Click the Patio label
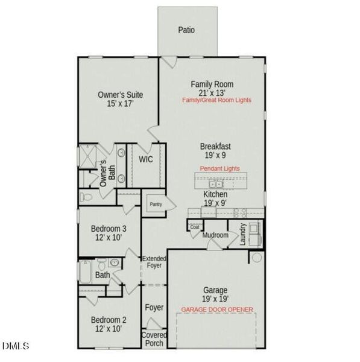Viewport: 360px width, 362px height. (x=186, y=30)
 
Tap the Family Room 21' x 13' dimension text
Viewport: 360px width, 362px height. (x=212, y=93)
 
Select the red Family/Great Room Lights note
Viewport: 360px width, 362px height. (x=216, y=100)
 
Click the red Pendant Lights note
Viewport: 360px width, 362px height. (x=219, y=168)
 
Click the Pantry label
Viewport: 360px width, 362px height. (x=156, y=205)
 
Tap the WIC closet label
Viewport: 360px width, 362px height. (x=145, y=159)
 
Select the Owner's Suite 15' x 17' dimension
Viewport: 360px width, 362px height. (x=120, y=104)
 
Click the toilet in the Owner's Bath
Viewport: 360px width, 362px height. (x=86, y=197)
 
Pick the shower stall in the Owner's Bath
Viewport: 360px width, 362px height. (x=87, y=156)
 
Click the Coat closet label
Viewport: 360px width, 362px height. (x=195, y=227)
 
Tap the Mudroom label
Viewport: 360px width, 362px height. (x=215, y=235)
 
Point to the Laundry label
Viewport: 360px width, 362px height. (x=242, y=234)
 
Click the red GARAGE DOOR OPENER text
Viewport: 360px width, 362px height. (x=217, y=310)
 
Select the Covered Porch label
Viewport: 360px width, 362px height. (x=154, y=339)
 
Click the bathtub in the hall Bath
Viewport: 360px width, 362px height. (x=85, y=272)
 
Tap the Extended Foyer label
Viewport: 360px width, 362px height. (x=154, y=262)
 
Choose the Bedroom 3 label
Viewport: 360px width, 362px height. (x=109, y=229)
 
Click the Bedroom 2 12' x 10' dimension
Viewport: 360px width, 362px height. (x=109, y=328)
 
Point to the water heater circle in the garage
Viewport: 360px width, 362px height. (x=257, y=257)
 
